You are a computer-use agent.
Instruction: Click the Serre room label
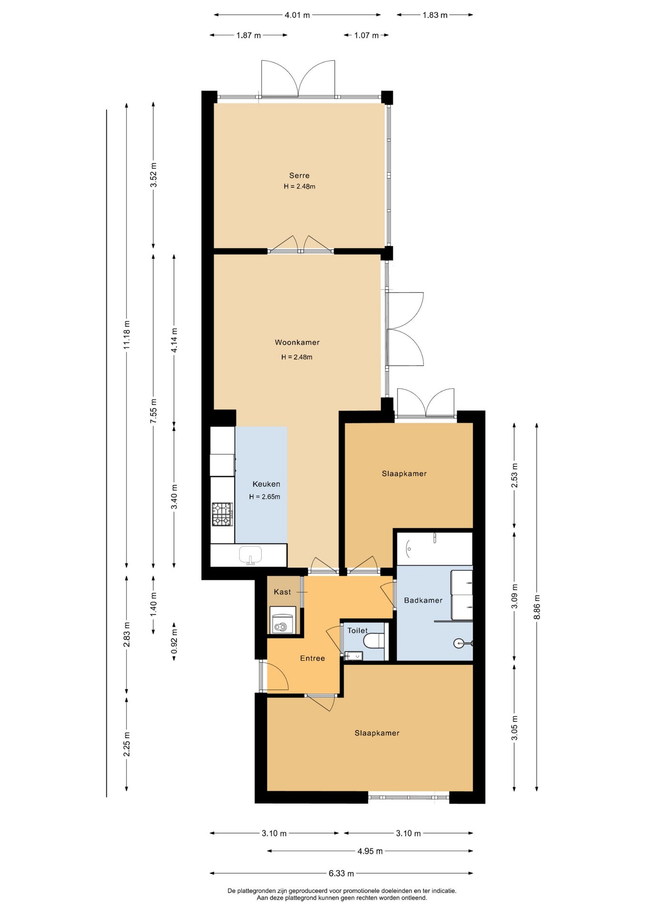[299, 175]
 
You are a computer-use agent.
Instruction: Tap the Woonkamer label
[297, 342]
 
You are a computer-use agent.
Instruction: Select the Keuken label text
[266, 484]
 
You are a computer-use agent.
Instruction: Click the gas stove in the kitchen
[222, 515]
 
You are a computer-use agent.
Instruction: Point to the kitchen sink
[250, 555]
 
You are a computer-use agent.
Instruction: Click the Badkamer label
[423, 600]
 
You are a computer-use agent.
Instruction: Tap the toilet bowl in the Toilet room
[373, 640]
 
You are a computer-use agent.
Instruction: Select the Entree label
[313, 658]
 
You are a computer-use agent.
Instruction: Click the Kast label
[283, 592]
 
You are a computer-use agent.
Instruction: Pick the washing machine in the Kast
[283, 620]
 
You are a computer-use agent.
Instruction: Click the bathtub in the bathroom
[434, 549]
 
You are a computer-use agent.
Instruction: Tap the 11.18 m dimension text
[127, 335]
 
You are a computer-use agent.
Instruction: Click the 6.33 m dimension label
[341, 873]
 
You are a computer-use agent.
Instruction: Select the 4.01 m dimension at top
[297, 15]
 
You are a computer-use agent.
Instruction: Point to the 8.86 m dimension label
[537, 607]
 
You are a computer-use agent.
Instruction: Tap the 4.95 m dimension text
[370, 851]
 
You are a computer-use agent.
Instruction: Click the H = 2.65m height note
[264, 497]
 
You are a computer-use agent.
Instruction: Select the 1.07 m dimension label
[366, 35]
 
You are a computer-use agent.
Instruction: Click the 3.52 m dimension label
[153, 175]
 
